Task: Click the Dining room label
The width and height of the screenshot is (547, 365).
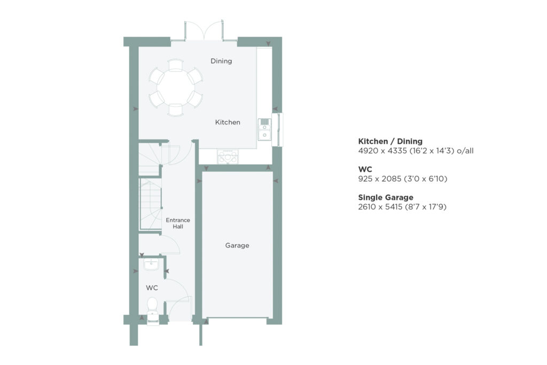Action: [x=221, y=61]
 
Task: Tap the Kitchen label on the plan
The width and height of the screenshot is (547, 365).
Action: [x=228, y=122]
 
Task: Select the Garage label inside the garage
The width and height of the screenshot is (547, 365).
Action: [x=237, y=245]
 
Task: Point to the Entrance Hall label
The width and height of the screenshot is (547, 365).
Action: [x=178, y=223]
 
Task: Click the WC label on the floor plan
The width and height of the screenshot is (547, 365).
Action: [x=152, y=288]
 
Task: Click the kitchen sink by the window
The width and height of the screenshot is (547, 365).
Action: [x=264, y=129]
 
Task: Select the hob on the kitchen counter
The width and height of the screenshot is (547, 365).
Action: [x=228, y=157]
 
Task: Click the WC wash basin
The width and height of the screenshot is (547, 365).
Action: [x=151, y=264]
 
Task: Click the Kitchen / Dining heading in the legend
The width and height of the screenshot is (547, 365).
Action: [x=390, y=141]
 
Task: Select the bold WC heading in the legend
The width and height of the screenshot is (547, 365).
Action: [x=365, y=169]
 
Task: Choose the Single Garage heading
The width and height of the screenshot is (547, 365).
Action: [x=386, y=198]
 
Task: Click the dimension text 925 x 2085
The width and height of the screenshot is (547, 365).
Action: [x=380, y=178]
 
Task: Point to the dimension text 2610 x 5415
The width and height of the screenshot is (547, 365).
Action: [x=380, y=207]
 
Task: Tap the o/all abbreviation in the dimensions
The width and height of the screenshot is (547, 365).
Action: [x=465, y=151]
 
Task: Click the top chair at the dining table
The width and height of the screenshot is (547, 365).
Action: [x=175, y=65]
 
